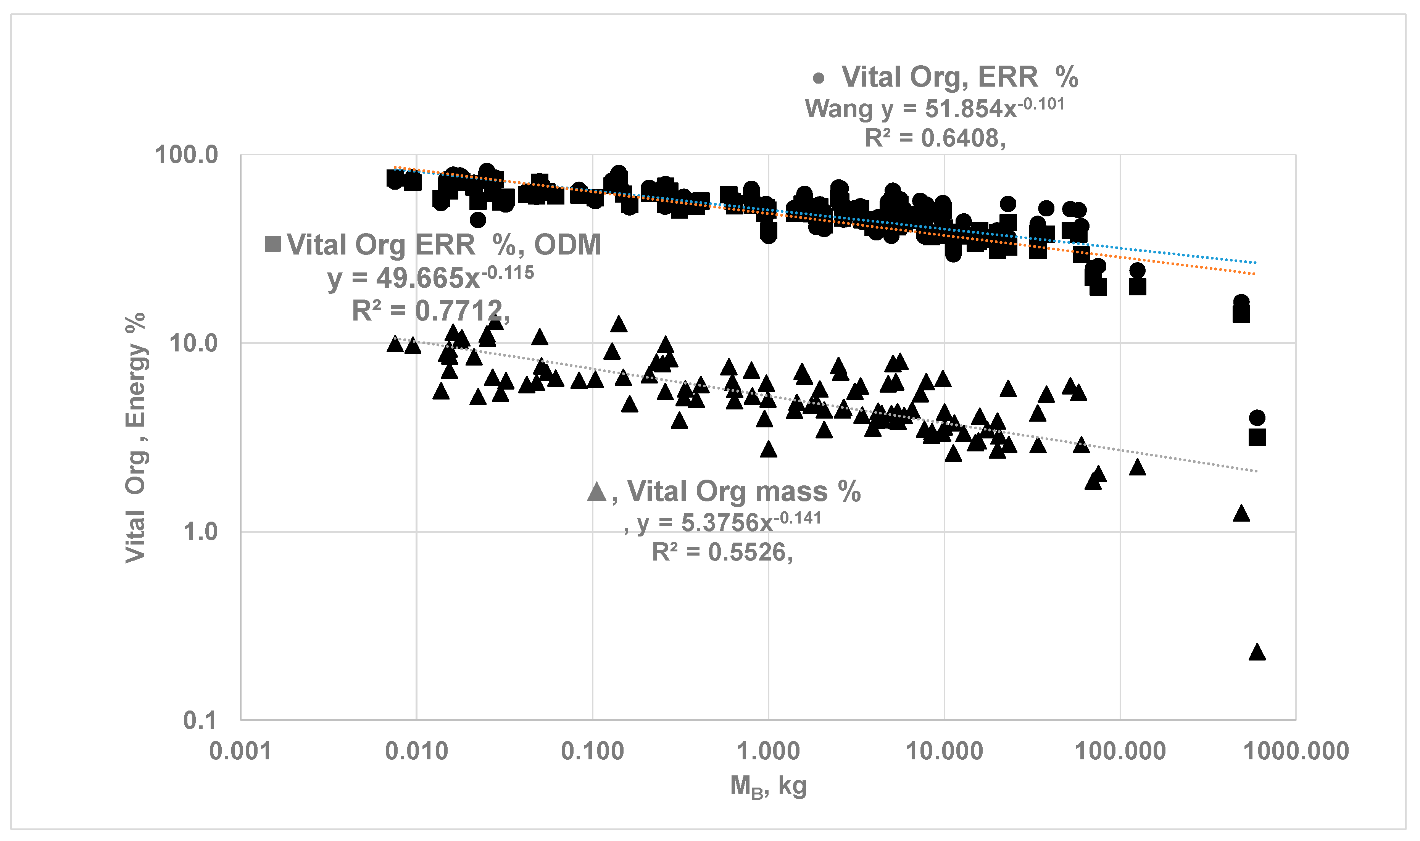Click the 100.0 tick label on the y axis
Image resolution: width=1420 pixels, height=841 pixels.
(x=187, y=155)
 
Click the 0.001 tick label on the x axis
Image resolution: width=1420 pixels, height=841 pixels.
(x=240, y=751)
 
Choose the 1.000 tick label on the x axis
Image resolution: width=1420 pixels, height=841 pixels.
(x=768, y=751)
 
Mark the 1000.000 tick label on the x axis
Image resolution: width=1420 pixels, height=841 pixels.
(x=1296, y=751)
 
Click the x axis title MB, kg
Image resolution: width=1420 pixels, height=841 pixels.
(x=768, y=786)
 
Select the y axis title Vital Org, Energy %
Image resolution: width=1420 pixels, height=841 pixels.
(x=136, y=438)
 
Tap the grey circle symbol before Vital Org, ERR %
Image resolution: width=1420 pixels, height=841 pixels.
(x=818, y=78)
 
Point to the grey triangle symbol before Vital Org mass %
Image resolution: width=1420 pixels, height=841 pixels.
(x=597, y=491)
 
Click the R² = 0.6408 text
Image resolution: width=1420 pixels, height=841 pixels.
(x=935, y=138)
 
